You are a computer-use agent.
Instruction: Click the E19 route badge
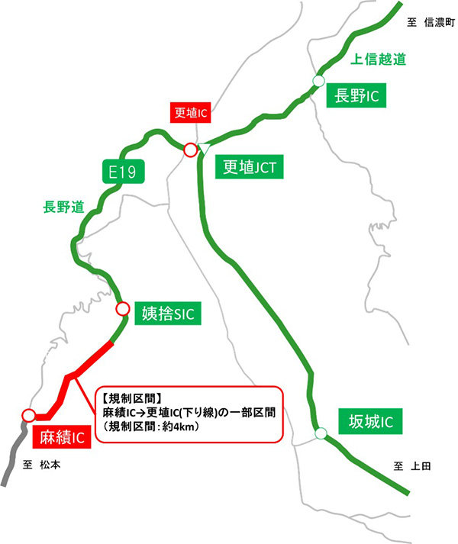pos(122,172)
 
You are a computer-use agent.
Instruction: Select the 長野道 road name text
pos(62,206)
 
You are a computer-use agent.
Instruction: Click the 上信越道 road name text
pos(376,59)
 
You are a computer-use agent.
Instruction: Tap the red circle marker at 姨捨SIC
pos(122,309)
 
